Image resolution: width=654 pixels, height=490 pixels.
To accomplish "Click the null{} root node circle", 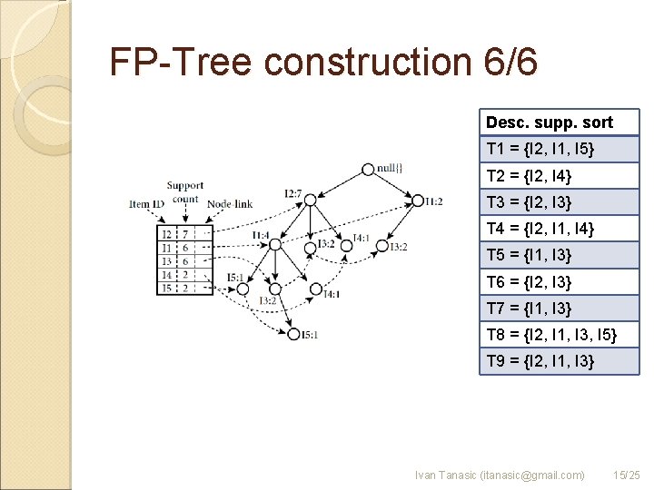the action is click(x=367, y=169).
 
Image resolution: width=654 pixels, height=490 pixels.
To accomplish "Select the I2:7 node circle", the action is click(x=310, y=193).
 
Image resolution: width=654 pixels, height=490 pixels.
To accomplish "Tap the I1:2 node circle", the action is click(x=417, y=201).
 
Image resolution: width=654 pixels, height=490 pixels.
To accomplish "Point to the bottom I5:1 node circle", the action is click(x=293, y=334).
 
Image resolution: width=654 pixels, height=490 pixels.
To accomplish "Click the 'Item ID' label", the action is click(x=146, y=204).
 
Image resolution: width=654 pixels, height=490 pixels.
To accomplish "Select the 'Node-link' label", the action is click(x=230, y=204).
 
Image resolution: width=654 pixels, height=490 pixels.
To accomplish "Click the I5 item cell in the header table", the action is click(x=165, y=288).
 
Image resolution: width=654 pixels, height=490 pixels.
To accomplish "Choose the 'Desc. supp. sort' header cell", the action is click(x=560, y=122).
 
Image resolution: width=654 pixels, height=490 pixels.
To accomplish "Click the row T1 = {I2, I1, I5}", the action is click(x=560, y=149).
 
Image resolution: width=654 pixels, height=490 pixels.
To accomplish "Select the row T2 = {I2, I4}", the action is click(x=560, y=175).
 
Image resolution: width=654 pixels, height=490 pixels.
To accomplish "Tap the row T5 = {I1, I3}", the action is click(x=560, y=255).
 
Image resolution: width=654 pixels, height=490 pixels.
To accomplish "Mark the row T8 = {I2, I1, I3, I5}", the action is click(x=560, y=335).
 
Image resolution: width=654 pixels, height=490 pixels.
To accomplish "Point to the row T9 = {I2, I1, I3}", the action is click(x=560, y=361).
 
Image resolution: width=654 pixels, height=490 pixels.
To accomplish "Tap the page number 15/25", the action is click(x=627, y=475).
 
